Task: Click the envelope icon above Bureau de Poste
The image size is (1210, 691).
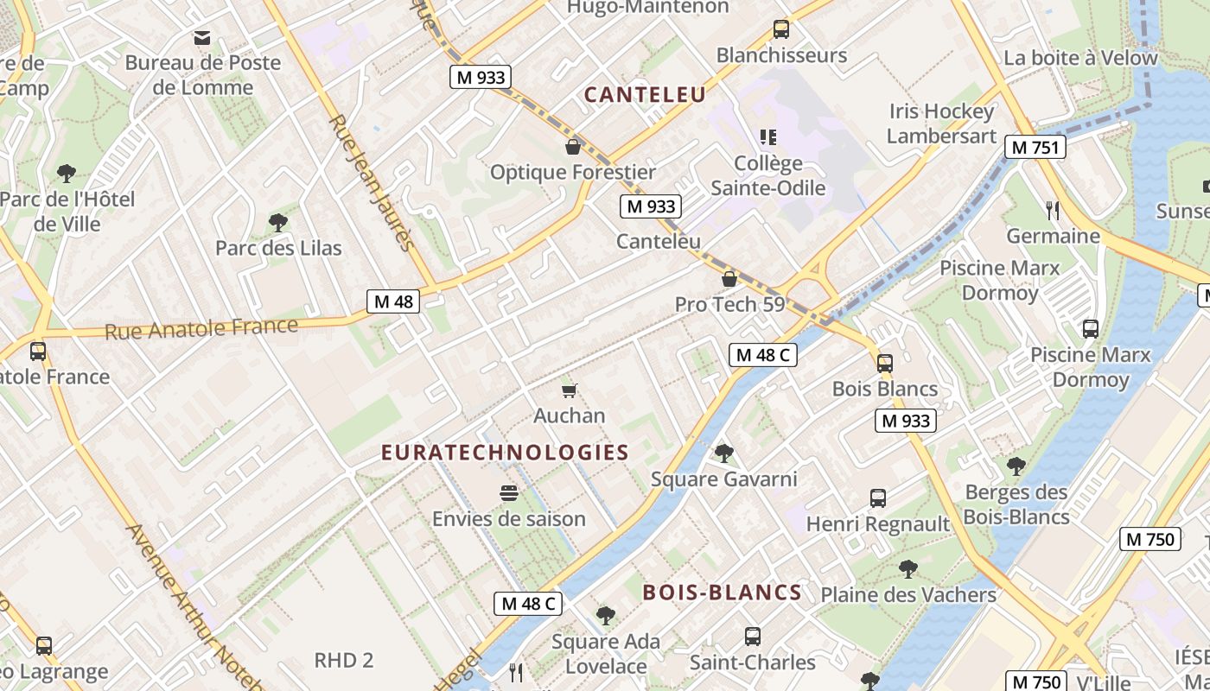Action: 202,37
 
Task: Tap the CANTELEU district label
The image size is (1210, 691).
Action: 645,95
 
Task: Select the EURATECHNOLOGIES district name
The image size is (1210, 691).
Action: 505,453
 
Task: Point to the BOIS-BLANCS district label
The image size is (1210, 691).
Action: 722,593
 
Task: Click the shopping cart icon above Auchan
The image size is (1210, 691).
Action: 569,391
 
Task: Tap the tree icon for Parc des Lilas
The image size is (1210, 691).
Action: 277,223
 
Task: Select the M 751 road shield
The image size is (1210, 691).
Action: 1035,147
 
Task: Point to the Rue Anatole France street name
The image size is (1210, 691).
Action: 201,329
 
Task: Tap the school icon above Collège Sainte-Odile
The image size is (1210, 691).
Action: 767,137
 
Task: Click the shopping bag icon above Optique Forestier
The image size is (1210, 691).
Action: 572,147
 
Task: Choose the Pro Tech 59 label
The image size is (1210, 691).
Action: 729,304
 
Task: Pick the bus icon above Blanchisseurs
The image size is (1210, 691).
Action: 781,29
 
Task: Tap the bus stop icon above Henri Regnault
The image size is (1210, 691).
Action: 878,498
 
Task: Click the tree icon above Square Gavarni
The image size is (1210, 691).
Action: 723,453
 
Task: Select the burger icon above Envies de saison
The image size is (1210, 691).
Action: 509,493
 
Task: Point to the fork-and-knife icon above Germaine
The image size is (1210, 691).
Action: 1052,210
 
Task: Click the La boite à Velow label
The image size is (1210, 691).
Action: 1080,59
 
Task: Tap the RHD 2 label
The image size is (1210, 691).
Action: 343,661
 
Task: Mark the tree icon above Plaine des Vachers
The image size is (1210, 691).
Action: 907,568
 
